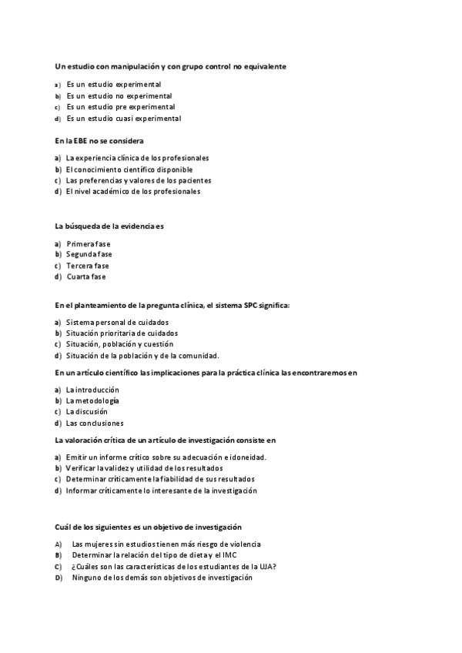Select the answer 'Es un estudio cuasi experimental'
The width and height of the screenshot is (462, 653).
click(x=123, y=119)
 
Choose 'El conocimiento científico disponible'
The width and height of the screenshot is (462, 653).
click(x=129, y=169)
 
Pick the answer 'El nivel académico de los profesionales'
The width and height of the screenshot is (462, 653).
click(x=132, y=192)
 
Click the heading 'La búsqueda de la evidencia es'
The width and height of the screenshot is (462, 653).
click(x=110, y=226)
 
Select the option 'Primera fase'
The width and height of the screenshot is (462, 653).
click(x=89, y=243)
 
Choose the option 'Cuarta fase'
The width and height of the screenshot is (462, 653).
click(x=86, y=276)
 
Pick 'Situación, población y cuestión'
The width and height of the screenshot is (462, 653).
click(x=119, y=344)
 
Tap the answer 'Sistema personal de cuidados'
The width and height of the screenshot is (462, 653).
click(x=117, y=322)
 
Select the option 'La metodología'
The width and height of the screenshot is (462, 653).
click(x=92, y=400)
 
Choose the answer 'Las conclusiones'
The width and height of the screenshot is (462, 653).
click(x=95, y=424)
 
